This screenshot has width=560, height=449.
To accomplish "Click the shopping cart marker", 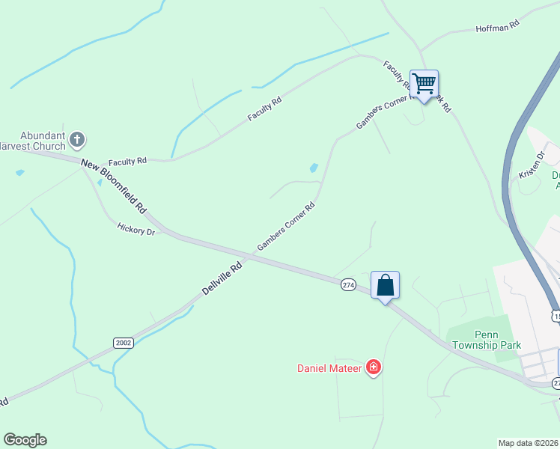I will [424, 85].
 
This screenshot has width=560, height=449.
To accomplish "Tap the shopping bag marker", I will [385, 286].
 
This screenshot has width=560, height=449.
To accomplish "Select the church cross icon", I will [78, 138].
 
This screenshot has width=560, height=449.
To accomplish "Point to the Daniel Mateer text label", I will [330, 367].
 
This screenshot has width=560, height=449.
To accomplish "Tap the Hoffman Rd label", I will [497, 27].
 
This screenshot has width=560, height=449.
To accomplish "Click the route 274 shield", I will [348, 284].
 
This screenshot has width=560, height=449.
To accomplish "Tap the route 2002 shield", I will [124, 343].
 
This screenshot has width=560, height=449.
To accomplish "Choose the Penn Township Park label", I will [486, 340].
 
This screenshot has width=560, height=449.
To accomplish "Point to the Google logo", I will [25, 440].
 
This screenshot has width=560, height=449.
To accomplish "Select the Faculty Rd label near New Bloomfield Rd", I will [127, 161].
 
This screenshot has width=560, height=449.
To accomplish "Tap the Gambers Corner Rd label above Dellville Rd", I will [286, 225].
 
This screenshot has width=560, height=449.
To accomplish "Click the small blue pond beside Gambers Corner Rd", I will [314, 168].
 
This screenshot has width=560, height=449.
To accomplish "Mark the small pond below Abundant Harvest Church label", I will [19, 173].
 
